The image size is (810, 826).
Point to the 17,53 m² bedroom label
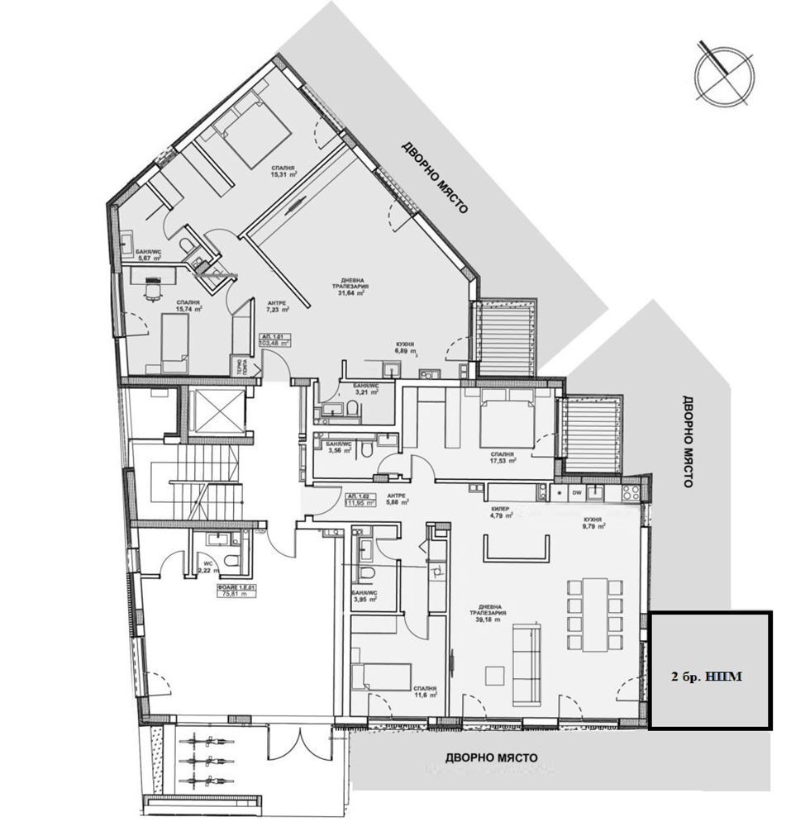click(x=502, y=458)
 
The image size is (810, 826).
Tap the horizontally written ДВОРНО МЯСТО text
click(x=491, y=757)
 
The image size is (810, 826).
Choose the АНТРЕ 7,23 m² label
click(x=276, y=307)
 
